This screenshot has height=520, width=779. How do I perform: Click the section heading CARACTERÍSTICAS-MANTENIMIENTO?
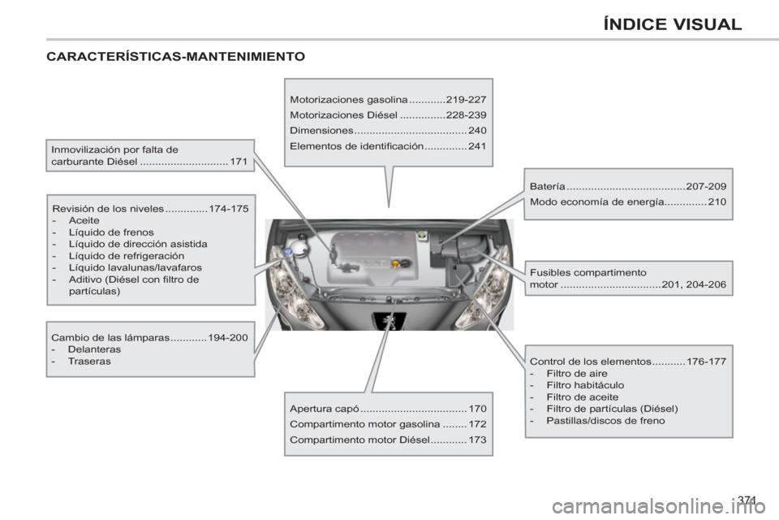[x=175, y=57]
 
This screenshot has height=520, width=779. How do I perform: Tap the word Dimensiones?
[x=321, y=130]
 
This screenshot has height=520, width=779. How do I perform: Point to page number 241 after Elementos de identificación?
[x=477, y=145]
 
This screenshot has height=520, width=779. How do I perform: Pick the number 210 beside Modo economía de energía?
[x=717, y=201]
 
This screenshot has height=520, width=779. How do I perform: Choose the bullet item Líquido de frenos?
[x=111, y=232]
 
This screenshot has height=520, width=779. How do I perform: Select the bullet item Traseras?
[x=90, y=362]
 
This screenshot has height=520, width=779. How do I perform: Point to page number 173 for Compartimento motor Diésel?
[x=477, y=439]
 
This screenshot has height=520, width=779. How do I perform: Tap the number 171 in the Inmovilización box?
[x=239, y=162]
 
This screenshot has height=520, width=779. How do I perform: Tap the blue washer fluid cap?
[x=290, y=253]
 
